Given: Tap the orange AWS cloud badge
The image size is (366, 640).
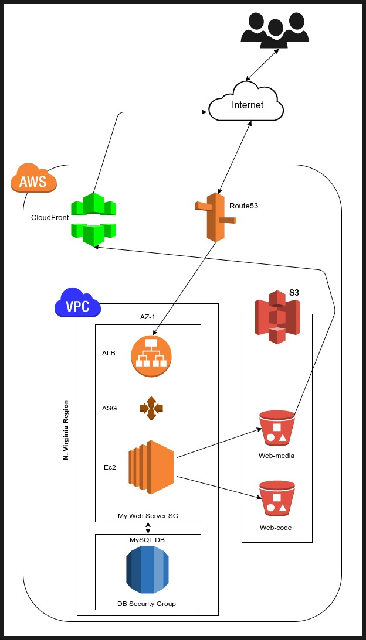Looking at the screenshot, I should pos(33,180).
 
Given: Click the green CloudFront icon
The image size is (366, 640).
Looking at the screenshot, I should pos(94,219).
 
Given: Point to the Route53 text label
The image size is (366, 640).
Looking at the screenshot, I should pos(243,206).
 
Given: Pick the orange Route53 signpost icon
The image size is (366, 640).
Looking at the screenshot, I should pos(215,217).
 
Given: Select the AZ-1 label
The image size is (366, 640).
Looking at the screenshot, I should pos(147,316).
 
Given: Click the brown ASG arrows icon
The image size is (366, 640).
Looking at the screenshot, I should pos(151,408).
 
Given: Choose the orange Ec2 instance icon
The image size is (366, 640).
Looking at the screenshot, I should pos(151,467).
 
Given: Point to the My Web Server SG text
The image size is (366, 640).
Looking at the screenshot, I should pos(148,516).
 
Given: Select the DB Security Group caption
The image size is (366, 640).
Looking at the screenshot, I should pos(147,604).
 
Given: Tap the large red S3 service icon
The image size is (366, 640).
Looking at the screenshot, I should pos(277,318).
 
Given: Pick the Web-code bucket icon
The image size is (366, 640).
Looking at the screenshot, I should pos(276,499).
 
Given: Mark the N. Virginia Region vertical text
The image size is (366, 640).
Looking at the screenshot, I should pos(66,429).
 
